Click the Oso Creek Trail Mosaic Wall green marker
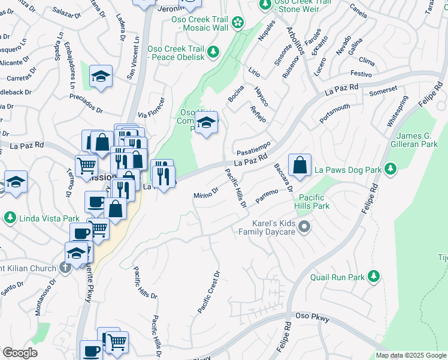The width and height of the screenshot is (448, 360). (x=238, y=23)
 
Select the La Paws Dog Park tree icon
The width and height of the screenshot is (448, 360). (x=391, y=170)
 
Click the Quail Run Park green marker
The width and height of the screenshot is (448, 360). (x=374, y=277)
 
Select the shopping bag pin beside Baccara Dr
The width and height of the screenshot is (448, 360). (x=299, y=164)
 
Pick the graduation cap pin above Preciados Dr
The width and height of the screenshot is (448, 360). (x=101, y=76)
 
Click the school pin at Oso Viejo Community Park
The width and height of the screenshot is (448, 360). (x=206, y=123)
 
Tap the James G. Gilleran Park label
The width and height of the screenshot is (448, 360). (x=417, y=140)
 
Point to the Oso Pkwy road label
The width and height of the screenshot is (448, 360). (x=313, y=318)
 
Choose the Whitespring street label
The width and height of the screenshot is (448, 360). (x=398, y=110)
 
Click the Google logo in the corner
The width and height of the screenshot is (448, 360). (x=20, y=353)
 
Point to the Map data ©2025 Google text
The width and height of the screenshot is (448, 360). (x=410, y=355)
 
